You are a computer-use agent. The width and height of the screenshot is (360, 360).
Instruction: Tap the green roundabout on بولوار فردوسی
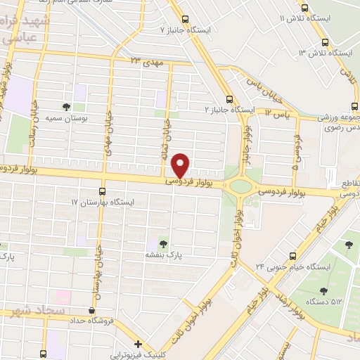pos(240,187)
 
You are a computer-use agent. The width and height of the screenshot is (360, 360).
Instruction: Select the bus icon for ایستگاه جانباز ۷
pos(185,20)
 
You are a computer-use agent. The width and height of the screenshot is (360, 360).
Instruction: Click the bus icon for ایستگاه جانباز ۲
pos(229,99)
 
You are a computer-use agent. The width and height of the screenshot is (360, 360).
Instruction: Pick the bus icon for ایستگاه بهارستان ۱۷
pos(103,191)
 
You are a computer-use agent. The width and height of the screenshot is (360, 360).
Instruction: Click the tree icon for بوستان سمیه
pos(66,107)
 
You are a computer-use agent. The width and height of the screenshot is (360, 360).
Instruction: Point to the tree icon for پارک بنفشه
pos(164,243)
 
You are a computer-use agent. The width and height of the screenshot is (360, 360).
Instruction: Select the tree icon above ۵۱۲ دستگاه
pos(323,290)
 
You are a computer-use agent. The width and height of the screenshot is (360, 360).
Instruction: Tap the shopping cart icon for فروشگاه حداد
pos(90,310)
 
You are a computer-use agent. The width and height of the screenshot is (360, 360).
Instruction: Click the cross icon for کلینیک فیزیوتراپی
pos(139,345)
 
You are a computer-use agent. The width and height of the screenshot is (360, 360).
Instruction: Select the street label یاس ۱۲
pos(277,112)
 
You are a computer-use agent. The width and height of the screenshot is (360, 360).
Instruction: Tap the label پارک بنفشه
pos(164,254)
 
